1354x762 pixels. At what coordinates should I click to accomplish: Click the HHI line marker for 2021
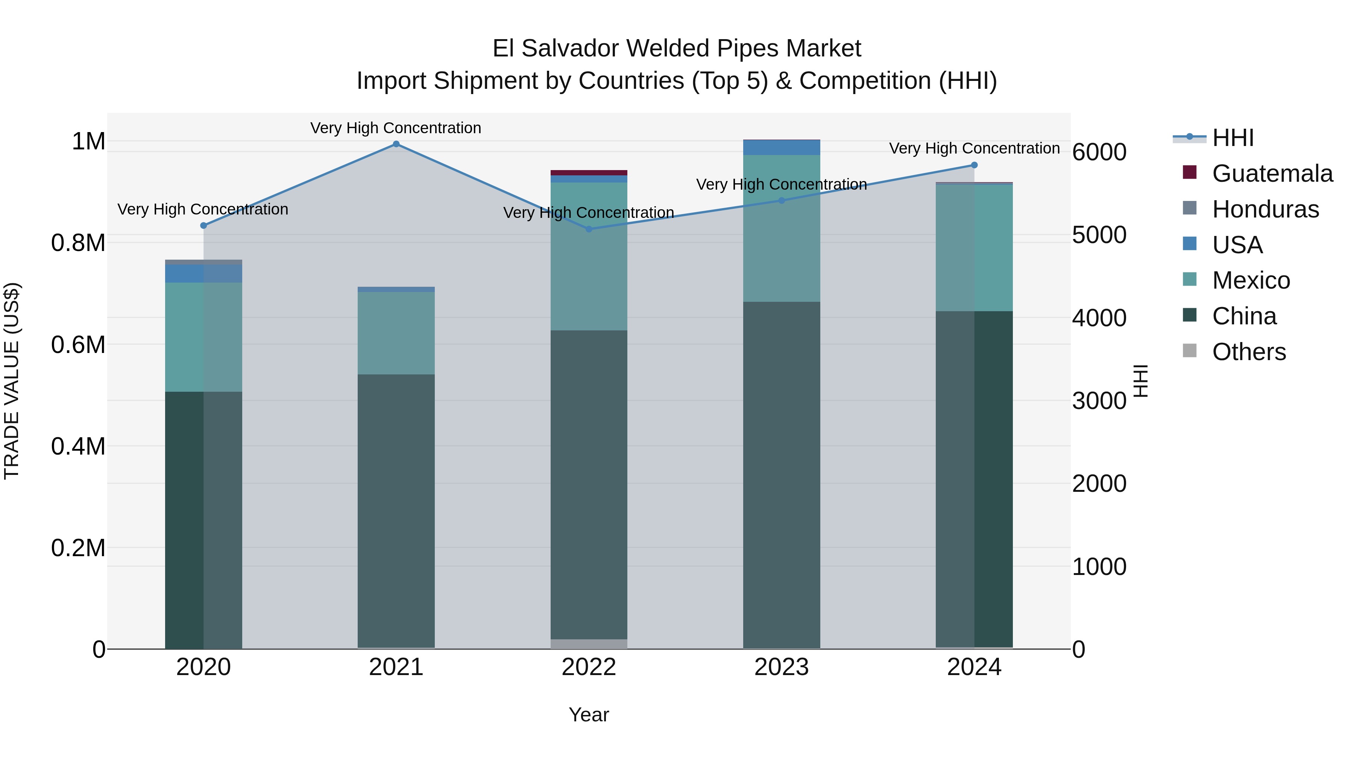click(396, 144)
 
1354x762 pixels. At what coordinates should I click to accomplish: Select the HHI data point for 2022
click(589, 229)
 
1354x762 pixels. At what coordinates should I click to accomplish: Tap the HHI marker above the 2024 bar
click(974, 165)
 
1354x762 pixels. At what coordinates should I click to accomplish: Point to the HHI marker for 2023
click(782, 200)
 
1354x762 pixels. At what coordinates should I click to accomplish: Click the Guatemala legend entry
click(1272, 173)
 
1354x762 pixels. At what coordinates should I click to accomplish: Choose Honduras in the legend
click(1265, 209)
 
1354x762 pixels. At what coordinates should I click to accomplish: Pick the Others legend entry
click(1248, 352)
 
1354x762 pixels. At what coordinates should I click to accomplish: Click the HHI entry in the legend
click(1233, 138)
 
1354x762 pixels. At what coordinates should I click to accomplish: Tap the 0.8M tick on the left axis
click(78, 243)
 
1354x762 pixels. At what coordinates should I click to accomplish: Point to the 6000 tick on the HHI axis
click(1099, 152)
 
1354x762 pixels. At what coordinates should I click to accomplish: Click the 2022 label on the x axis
click(589, 667)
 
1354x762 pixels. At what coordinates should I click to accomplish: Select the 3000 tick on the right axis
click(1099, 401)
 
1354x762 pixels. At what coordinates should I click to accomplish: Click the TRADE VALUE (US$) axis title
click(12, 381)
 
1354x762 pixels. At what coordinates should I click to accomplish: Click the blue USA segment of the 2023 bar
click(782, 147)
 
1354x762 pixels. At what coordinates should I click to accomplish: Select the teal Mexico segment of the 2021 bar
click(396, 333)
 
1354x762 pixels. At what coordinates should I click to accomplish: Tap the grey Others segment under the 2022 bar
click(589, 644)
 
